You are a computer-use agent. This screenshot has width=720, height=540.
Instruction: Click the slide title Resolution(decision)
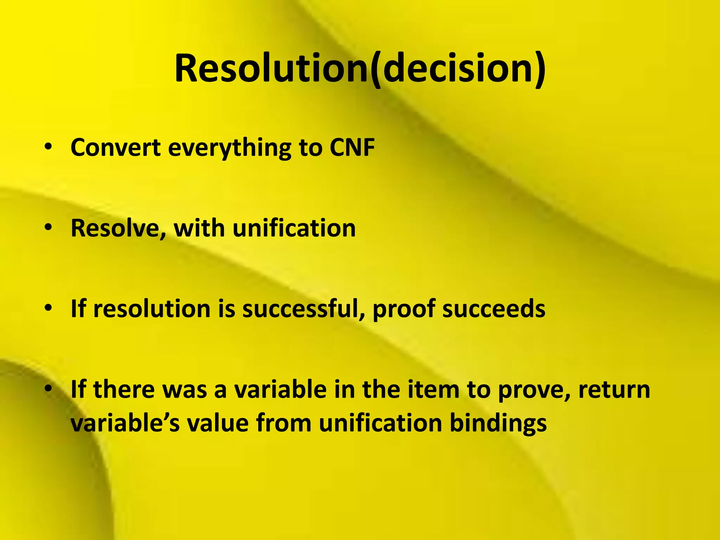[360, 69]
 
